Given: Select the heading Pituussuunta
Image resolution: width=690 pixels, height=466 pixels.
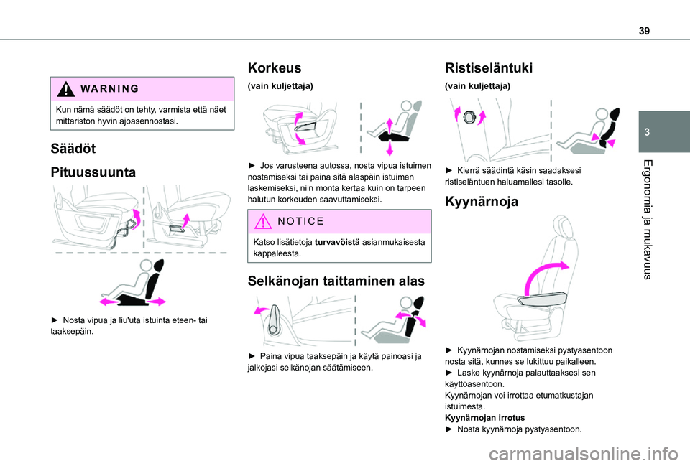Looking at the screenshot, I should pos(95,173).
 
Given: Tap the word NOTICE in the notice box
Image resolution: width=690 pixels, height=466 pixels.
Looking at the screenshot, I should pos(304,222).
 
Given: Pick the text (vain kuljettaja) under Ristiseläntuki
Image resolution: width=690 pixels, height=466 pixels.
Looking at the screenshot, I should pos(478,86).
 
